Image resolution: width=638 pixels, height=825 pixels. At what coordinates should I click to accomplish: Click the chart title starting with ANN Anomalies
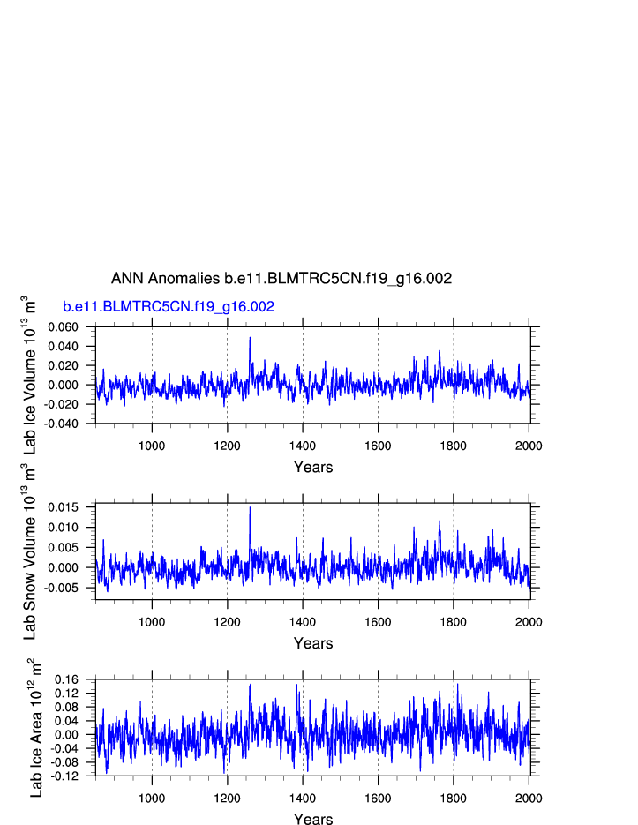click(x=281, y=279)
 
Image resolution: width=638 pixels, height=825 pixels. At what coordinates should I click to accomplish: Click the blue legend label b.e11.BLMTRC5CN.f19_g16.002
click(x=169, y=307)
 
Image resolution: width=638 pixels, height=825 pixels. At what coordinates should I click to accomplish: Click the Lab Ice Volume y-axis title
click(x=30, y=375)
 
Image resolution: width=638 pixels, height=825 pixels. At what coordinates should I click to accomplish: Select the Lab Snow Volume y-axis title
click(x=30, y=552)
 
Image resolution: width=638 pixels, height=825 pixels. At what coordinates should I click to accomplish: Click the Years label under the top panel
click(x=313, y=467)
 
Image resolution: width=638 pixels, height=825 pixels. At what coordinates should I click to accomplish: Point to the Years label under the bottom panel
click(x=313, y=820)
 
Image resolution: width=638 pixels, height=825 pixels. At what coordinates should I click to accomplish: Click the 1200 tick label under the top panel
click(x=228, y=443)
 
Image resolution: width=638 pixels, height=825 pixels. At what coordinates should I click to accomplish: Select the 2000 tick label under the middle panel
click(x=529, y=619)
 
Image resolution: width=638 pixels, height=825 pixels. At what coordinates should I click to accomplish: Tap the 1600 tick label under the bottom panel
click(x=378, y=796)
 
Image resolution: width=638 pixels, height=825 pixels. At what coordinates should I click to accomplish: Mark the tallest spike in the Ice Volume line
click(x=250, y=337)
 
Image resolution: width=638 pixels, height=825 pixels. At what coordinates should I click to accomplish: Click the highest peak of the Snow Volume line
click(x=250, y=507)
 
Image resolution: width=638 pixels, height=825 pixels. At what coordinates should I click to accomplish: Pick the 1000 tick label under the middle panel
click(x=152, y=619)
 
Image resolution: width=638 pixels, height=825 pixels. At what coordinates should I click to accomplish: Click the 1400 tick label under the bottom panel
click(x=303, y=796)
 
